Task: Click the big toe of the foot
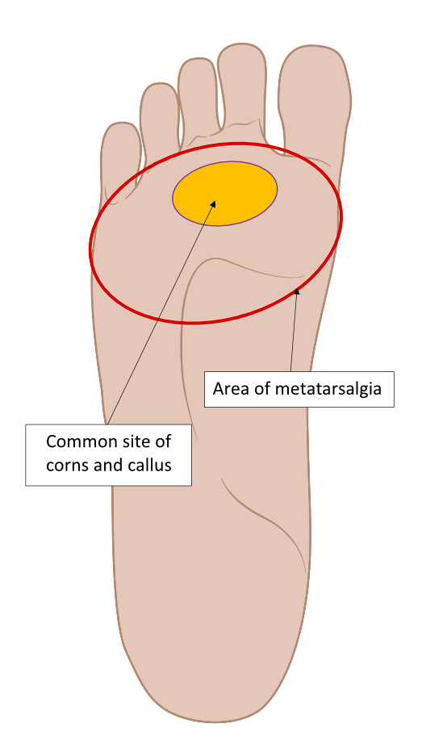pos(315,96)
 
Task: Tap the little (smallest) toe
pos(121,153)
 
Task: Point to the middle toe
pos(197,98)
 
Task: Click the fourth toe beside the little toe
pos(160,118)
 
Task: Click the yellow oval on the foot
pos(224,194)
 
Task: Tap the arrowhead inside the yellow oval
pos(213,204)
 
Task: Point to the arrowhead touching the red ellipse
pos(297,291)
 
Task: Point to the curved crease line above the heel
pos(264,519)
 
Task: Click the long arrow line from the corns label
pos(161,312)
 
